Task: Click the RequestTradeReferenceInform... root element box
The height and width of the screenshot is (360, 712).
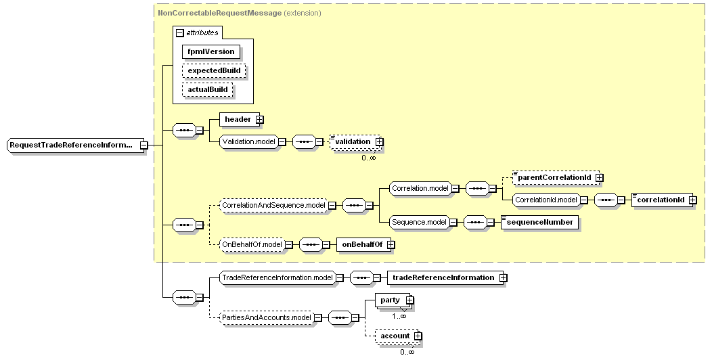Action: click(72, 145)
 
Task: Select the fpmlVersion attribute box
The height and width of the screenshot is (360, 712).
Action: click(211, 51)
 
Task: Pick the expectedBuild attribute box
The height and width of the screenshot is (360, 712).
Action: click(213, 70)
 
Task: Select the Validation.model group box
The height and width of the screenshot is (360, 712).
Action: click(248, 141)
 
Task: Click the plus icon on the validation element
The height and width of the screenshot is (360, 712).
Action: click(379, 141)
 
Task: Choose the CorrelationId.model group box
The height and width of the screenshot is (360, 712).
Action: click(546, 200)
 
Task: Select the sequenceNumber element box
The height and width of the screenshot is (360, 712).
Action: click(539, 222)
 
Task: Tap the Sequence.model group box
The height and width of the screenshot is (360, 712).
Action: click(419, 222)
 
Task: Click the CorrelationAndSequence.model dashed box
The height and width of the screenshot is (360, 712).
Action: click(274, 205)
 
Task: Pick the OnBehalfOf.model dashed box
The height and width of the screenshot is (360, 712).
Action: click(252, 244)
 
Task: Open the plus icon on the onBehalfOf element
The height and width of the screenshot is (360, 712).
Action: click(391, 244)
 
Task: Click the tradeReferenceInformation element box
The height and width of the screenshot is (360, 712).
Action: click(443, 277)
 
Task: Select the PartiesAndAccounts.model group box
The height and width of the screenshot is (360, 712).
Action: click(266, 317)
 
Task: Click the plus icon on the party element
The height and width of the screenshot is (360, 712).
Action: click(409, 300)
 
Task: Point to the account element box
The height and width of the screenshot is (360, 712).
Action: click(395, 336)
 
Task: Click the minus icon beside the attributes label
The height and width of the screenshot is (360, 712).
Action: click(180, 32)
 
